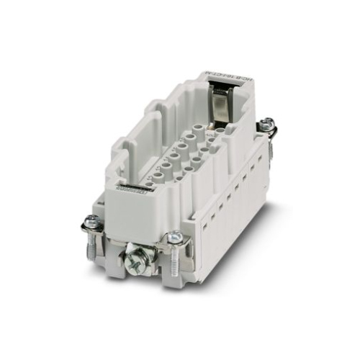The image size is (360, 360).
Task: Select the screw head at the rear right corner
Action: pos(269,123)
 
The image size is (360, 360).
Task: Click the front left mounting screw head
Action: pos(91,220)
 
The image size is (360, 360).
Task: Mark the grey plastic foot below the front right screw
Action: pos(173,277)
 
